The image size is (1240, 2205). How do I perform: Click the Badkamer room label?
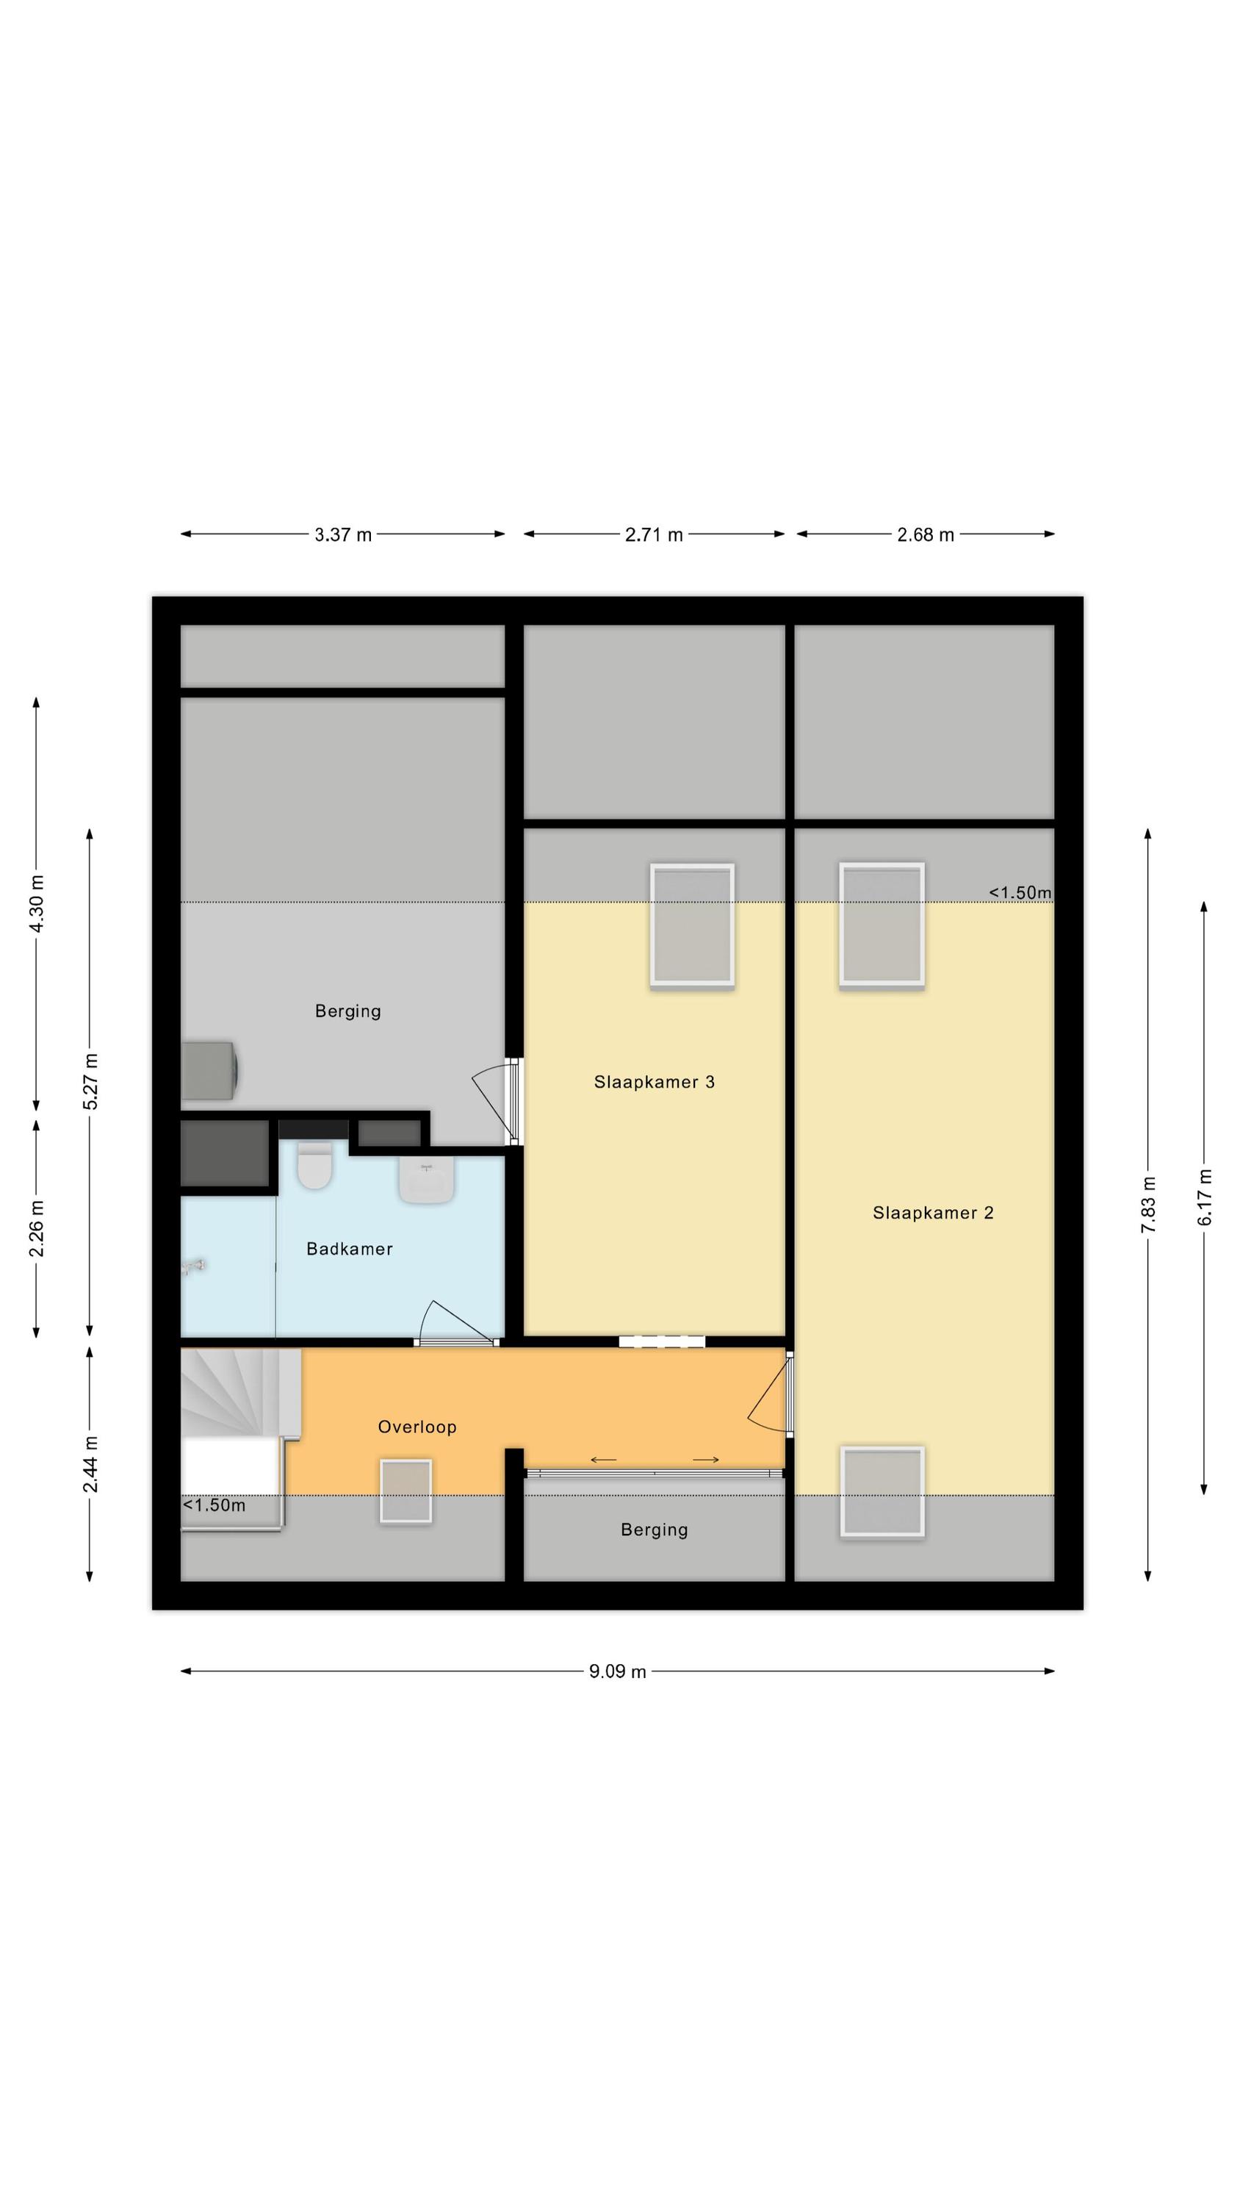pos(349,1249)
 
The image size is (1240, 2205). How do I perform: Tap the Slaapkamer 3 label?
pos(654,1082)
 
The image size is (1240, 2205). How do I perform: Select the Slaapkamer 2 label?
pos(933,1213)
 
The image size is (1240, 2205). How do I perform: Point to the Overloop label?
pos(417,1427)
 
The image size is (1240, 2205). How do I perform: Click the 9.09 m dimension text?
pos(617,1671)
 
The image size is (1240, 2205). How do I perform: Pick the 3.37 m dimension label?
pos(342,535)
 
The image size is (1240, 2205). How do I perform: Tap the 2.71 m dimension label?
pos(654,535)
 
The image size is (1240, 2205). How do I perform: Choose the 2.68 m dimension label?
pos(925,535)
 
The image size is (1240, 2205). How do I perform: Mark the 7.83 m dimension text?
pos(1148,1205)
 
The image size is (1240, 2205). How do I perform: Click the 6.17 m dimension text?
pos(1205,1197)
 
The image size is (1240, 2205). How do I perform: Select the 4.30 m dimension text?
pos(37,905)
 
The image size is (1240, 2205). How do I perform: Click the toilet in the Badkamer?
pos(314,1165)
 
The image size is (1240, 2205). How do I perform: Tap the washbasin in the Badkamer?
pos(426,1180)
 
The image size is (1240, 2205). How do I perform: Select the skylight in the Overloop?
pos(405,1491)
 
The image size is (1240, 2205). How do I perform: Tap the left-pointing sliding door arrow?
pos(603,1460)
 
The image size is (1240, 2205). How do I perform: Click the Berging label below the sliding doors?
pos(654,1530)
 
